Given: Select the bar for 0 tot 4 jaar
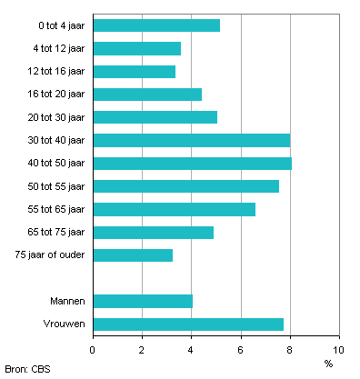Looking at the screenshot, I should (x=156, y=25).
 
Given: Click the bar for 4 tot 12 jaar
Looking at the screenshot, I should (x=136, y=48).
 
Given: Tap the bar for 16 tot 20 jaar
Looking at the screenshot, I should (x=147, y=95).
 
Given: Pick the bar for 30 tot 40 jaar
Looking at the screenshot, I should (x=191, y=140).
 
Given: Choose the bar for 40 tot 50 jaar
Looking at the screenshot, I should (x=192, y=164).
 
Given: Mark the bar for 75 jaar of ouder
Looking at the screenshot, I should (x=133, y=255).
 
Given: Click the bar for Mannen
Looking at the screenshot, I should (x=143, y=301).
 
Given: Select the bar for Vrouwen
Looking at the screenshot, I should (x=188, y=324).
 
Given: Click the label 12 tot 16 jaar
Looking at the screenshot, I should (x=57, y=71).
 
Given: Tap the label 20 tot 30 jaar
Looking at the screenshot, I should (x=57, y=117).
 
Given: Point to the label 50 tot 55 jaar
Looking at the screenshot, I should (x=57, y=186).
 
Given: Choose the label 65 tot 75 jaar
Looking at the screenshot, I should (x=57, y=232).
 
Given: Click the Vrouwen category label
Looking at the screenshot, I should (x=66, y=324).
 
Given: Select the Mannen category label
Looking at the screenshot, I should (x=68, y=301).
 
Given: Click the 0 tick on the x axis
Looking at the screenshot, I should (x=93, y=349).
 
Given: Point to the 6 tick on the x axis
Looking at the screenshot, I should (x=241, y=349).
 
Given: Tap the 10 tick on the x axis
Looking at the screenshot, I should (x=338, y=349).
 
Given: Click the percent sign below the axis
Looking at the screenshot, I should (x=328, y=364).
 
